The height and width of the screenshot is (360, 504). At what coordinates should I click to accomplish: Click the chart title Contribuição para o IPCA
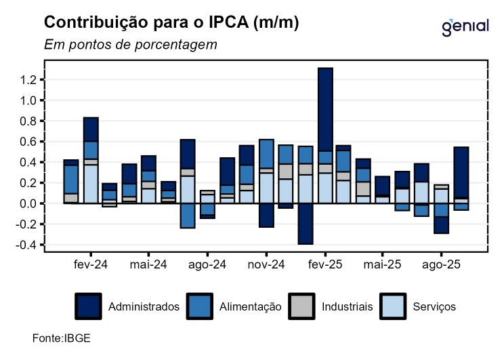(x=171, y=23)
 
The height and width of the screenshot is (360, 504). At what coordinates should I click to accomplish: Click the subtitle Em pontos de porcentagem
(x=131, y=45)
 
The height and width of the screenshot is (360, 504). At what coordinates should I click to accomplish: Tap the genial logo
(x=465, y=26)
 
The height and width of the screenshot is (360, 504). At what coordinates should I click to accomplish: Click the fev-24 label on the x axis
(x=91, y=264)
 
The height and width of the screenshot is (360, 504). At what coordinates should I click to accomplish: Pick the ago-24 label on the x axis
(x=208, y=264)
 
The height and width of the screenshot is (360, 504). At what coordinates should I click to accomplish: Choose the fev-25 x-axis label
(x=325, y=264)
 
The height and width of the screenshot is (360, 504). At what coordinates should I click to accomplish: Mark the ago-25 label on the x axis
(x=442, y=264)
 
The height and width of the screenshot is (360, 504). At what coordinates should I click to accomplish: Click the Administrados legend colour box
(x=88, y=306)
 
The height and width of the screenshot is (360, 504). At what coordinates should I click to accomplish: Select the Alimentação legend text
(x=250, y=307)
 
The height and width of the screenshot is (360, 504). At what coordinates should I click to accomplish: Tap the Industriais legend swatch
(x=301, y=306)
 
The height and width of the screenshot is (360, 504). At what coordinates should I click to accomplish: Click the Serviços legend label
(x=434, y=307)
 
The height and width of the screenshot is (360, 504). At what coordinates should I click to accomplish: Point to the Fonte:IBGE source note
(x=61, y=338)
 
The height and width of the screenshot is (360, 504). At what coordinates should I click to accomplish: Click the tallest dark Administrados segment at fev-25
(x=325, y=109)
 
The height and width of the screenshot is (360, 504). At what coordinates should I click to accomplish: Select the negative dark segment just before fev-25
(x=306, y=223)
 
